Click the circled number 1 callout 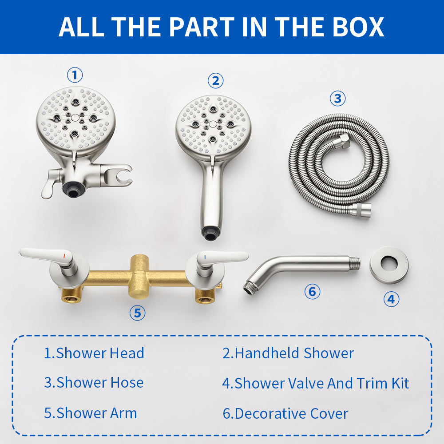pos(75,75)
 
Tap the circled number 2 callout pos(215,81)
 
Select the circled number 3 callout pos(337,98)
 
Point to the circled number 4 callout pos(391,299)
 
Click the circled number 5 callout pos(137,313)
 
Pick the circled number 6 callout pos(312,292)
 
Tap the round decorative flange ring pos(389,265)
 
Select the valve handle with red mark pos(49,255)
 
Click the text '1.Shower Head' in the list pos(94,353)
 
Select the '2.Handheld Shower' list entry pos(288,353)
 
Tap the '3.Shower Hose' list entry pos(94,383)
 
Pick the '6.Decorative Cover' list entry pos(285,414)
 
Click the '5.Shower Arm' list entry pos(90,413)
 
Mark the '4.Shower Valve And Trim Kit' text pos(315,383)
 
